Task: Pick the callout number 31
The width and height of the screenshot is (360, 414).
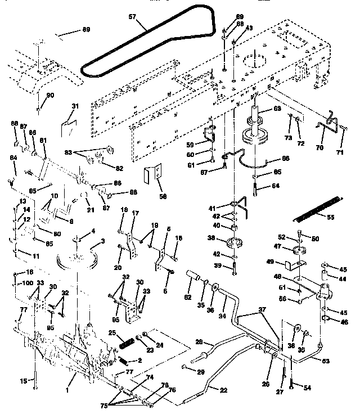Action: tap(75, 106)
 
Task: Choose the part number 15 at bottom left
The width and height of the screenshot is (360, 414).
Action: tap(24, 381)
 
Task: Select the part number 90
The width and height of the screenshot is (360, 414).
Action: tap(51, 96)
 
